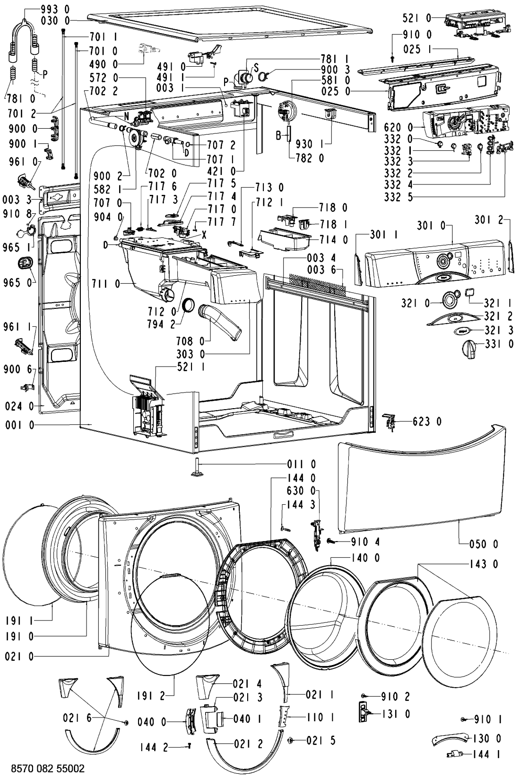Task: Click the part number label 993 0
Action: tap(54, 9)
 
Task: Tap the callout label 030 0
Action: tap(54, 21)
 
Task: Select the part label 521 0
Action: tap(417, 18)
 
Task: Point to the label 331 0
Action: tap(499, 344)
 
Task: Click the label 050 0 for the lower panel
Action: tap(484, 544)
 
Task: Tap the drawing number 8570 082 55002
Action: tap(48, 768)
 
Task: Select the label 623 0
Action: tap(427, 422)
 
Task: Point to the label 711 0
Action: tap(106, 284)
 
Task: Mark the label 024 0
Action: tap(19, 406)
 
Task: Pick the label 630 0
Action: tap(301, 491)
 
